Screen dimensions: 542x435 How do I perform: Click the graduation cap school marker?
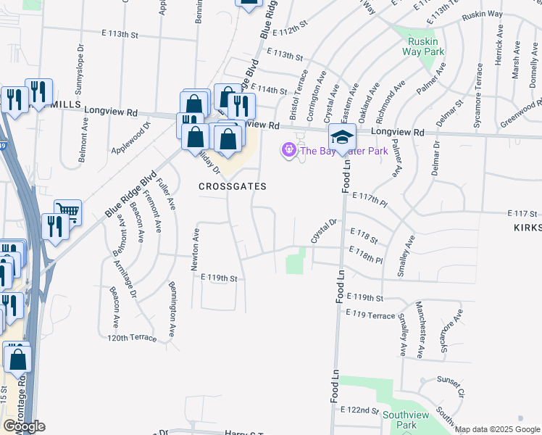coord(343,136)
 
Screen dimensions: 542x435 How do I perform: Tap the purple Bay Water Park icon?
coord(289,151)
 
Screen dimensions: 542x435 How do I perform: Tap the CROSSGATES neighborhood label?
coord(233,186)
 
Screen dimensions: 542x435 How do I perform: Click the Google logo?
coord(24,426)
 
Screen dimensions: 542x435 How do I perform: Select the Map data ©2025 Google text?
coord(497,429)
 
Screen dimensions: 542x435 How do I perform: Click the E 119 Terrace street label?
coord(370,315)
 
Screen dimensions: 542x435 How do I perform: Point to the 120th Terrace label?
coord(132,338)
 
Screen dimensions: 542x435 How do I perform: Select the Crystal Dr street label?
coord(324,231)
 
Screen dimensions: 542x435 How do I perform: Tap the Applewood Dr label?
coord(130,138)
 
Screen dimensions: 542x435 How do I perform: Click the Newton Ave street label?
coord(195,249)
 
